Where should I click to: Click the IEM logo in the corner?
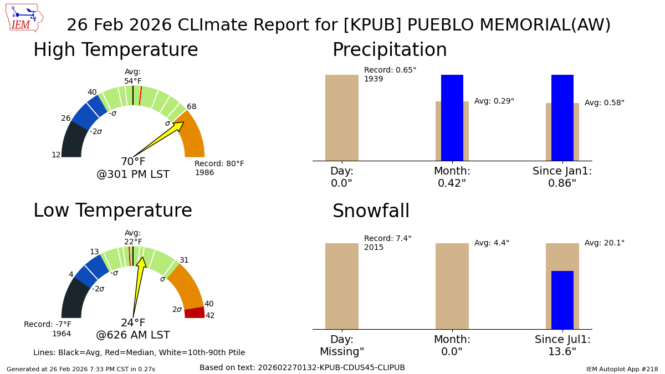point(23,18)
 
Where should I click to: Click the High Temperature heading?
point(115,50)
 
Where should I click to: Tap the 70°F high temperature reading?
point(133,162)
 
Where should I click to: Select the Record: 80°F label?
point(219,164)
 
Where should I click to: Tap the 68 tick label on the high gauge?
point(191,106)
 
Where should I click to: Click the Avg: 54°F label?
point(133,76)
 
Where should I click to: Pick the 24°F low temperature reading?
point(133,323)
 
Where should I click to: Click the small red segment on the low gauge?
point(195,312)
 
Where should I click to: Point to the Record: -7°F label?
point(48,325)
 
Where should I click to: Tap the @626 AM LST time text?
point(133,335)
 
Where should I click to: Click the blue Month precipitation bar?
point(452,117)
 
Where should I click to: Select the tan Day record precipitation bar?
point(341,117)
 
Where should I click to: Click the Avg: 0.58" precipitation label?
point(604,103)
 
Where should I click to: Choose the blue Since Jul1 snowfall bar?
point(562,300)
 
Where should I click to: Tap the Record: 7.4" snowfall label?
point(387,239)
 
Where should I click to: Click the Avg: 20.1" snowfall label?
point(604,243)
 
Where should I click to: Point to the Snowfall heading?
point(371,212)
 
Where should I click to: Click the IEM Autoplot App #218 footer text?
point(622,369)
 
